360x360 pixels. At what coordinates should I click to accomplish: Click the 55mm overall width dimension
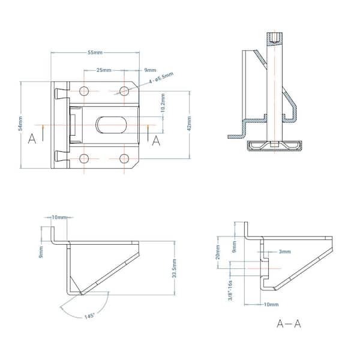[95, 53]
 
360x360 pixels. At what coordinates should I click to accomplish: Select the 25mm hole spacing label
[104, 70]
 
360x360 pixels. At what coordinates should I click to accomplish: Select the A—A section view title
[289, 324]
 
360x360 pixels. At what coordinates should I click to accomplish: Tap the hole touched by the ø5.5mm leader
[125, 91]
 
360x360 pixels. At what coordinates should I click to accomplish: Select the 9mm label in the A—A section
[234, 247]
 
